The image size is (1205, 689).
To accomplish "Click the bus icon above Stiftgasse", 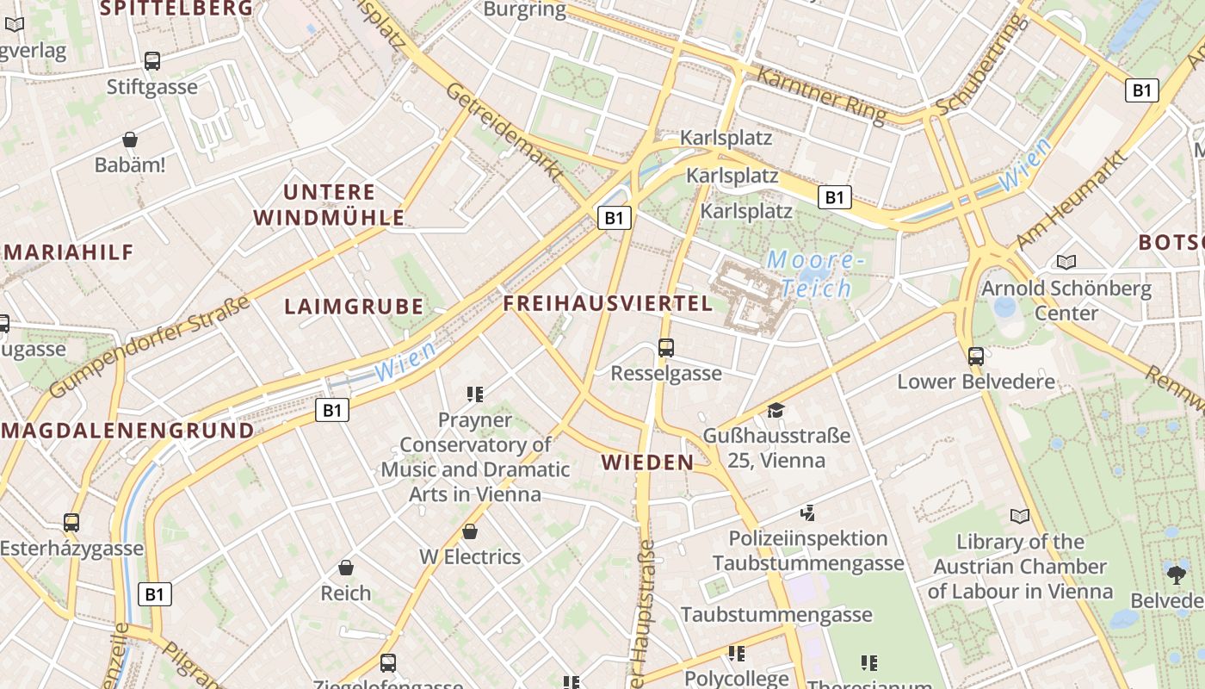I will tap(152, 61).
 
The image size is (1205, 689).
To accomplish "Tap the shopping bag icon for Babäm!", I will tap(130, 140).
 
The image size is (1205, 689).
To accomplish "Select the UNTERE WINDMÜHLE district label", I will tap(331, 204).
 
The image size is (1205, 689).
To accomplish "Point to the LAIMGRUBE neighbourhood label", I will tap(354, 306).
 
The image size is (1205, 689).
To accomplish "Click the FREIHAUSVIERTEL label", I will tap(608, 303).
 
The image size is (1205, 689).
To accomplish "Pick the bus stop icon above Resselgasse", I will tap(665, 348).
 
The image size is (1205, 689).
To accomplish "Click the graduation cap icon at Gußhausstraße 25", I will tap(776, 410).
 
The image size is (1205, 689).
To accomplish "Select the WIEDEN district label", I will tap(647, 462).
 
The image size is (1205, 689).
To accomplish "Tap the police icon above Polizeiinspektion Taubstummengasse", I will tap(807, 513).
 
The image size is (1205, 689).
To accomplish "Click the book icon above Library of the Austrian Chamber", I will tap(1020, 516).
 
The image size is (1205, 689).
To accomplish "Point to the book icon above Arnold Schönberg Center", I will tap(1066, 262).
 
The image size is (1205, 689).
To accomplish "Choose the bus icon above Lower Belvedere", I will tap(975, 356).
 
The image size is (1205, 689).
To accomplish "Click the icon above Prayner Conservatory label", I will tap(474, 394).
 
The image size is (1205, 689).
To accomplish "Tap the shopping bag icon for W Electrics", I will tap(470, 531).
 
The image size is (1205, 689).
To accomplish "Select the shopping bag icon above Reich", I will tap(345, 568).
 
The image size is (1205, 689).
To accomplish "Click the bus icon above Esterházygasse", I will tap(71, 523).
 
